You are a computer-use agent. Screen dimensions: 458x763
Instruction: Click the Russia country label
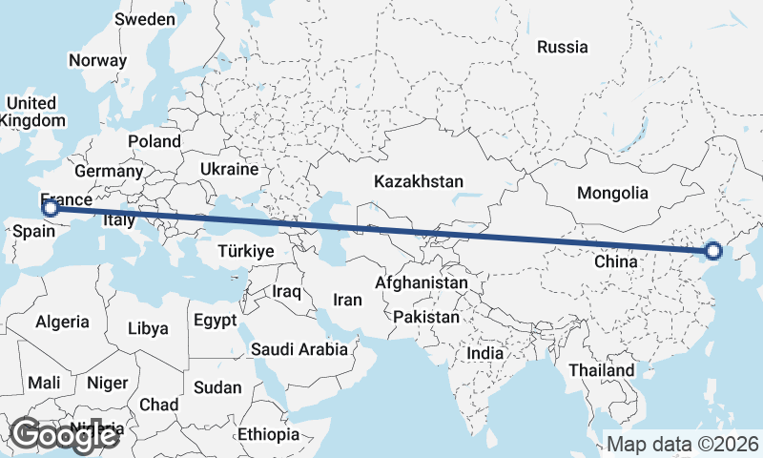pyautogui.click(x=562, y=47)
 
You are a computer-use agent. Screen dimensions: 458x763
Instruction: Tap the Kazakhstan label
pyautogui.click(x=419, y=181)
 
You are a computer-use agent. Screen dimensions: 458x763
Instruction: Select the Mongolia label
pyautogui.click(x=612, y=193)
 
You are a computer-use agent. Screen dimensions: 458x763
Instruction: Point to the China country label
pyautogui.click(x=614, y=260)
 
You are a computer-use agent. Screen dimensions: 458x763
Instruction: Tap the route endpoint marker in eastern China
pyautogui.click(x=712, y=252)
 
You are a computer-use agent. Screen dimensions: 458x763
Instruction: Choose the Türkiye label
pyautogui.click(x=246, y=252)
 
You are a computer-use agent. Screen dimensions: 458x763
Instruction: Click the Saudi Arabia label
pyautogui.click(x=299, y=349)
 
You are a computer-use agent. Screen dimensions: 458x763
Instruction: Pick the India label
pyautogui.click(x=485, y=353)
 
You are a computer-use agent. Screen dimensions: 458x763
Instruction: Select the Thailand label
pyautogui.click(x=603, y=370)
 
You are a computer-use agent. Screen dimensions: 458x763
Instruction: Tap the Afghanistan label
pyautogui.click(x=422, y=283)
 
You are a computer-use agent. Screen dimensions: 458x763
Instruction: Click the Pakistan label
pyautogui.click(x=425, y=317)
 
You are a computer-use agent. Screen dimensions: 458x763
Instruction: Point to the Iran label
pyautogui.click(x=347, y=300)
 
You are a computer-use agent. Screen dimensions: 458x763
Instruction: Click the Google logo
pyautogui.click(x=64, y=435)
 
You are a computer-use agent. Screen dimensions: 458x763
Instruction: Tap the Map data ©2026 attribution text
pyautogui.click(x=683, y=444)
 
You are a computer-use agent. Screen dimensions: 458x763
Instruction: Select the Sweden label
pyautogui.click(x=144, y=19)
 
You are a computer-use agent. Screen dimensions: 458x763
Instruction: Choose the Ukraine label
pyautogui.click(x=228, y=169)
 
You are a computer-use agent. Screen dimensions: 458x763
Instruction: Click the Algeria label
pyautogui.click(x=62, y=323)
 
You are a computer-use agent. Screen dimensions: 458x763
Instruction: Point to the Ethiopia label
pyautogui.click(x=269, y=435)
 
